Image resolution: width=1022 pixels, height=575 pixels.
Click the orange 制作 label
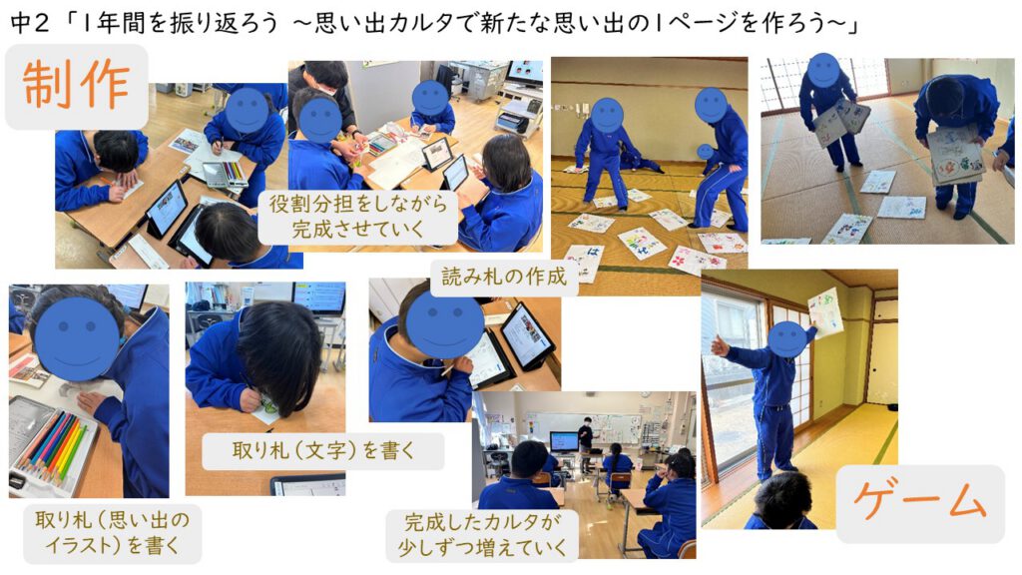(76, 85)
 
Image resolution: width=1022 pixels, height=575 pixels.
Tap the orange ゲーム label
(919, 502)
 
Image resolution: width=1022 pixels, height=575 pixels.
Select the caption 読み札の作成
(504, 277)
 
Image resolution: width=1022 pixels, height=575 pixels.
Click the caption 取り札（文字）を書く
(322, 450)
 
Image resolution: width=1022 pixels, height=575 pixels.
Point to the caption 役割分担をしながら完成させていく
(358, 217)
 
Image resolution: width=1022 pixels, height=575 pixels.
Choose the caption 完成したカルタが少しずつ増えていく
(482, 535)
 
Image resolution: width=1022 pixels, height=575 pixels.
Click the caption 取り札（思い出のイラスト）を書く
(112, 532)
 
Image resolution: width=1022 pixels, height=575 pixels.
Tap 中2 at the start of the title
(29, 24)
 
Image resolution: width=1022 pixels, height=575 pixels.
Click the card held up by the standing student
(825, 310)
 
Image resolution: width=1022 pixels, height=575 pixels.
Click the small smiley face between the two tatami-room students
(705, 152)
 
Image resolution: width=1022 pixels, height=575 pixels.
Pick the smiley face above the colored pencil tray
(77, 339)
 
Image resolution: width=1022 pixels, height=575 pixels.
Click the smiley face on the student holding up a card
(788, 339)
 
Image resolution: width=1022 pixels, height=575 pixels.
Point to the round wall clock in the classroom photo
(644, 394)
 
